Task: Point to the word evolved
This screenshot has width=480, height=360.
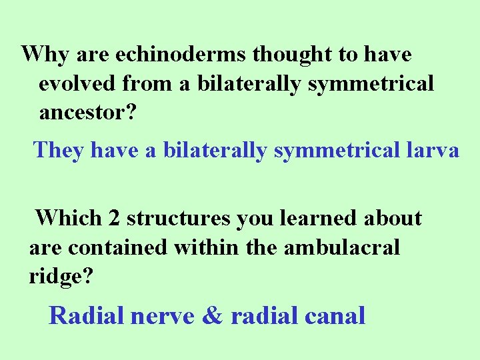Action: click(78, 84)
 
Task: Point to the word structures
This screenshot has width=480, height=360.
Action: click(178, 218)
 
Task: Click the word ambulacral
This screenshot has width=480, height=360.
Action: click(341, 247)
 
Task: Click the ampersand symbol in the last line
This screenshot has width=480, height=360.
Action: click(212, 315)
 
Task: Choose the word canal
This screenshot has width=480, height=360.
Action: click(333, 315)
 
